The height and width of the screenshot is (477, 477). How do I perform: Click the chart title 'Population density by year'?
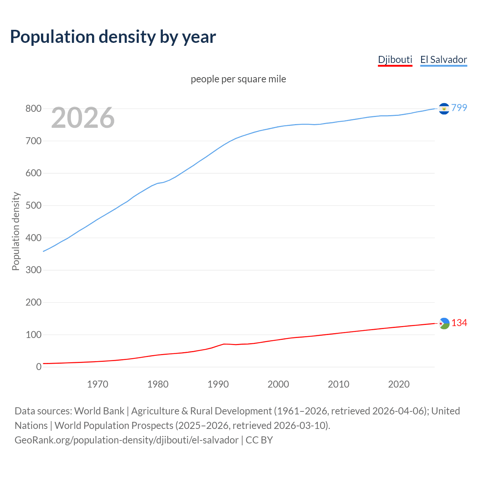(x=113, y=37)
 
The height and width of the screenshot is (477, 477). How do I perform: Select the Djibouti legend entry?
(x=395, y=60)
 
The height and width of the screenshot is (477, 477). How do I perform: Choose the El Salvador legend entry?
(x=443, y=60)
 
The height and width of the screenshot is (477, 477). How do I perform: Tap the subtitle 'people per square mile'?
(x=238, y=79)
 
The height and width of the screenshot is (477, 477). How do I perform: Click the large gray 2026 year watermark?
(x=83, y=118)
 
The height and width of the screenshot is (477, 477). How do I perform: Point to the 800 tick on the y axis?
(x=33, y=109)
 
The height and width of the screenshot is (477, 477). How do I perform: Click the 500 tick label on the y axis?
(x=33, y=206)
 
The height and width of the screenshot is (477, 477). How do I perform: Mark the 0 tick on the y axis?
(x=39, y=367)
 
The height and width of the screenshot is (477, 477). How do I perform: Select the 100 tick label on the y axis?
(x=33, y=335)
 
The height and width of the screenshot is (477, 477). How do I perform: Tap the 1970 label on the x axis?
(x=98, y=384)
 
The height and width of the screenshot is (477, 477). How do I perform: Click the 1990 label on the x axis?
(x=218, y=384)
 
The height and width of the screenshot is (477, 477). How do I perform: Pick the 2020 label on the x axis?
(x=399, y=384)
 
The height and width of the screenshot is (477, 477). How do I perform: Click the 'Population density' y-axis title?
(x=16, y=231)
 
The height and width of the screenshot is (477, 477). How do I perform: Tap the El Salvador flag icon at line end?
(x=444, y=108)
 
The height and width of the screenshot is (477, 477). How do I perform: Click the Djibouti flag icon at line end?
(x=444, y=323)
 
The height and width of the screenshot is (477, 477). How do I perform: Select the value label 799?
(x=459, y=108)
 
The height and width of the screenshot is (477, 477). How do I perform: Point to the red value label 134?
(x=459, y=323)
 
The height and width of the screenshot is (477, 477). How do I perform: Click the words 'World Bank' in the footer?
(x=99, y=411)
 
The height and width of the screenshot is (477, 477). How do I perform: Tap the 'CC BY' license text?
(x=259, y=440)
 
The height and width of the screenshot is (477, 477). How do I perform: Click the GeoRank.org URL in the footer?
(x=126, y=440)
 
